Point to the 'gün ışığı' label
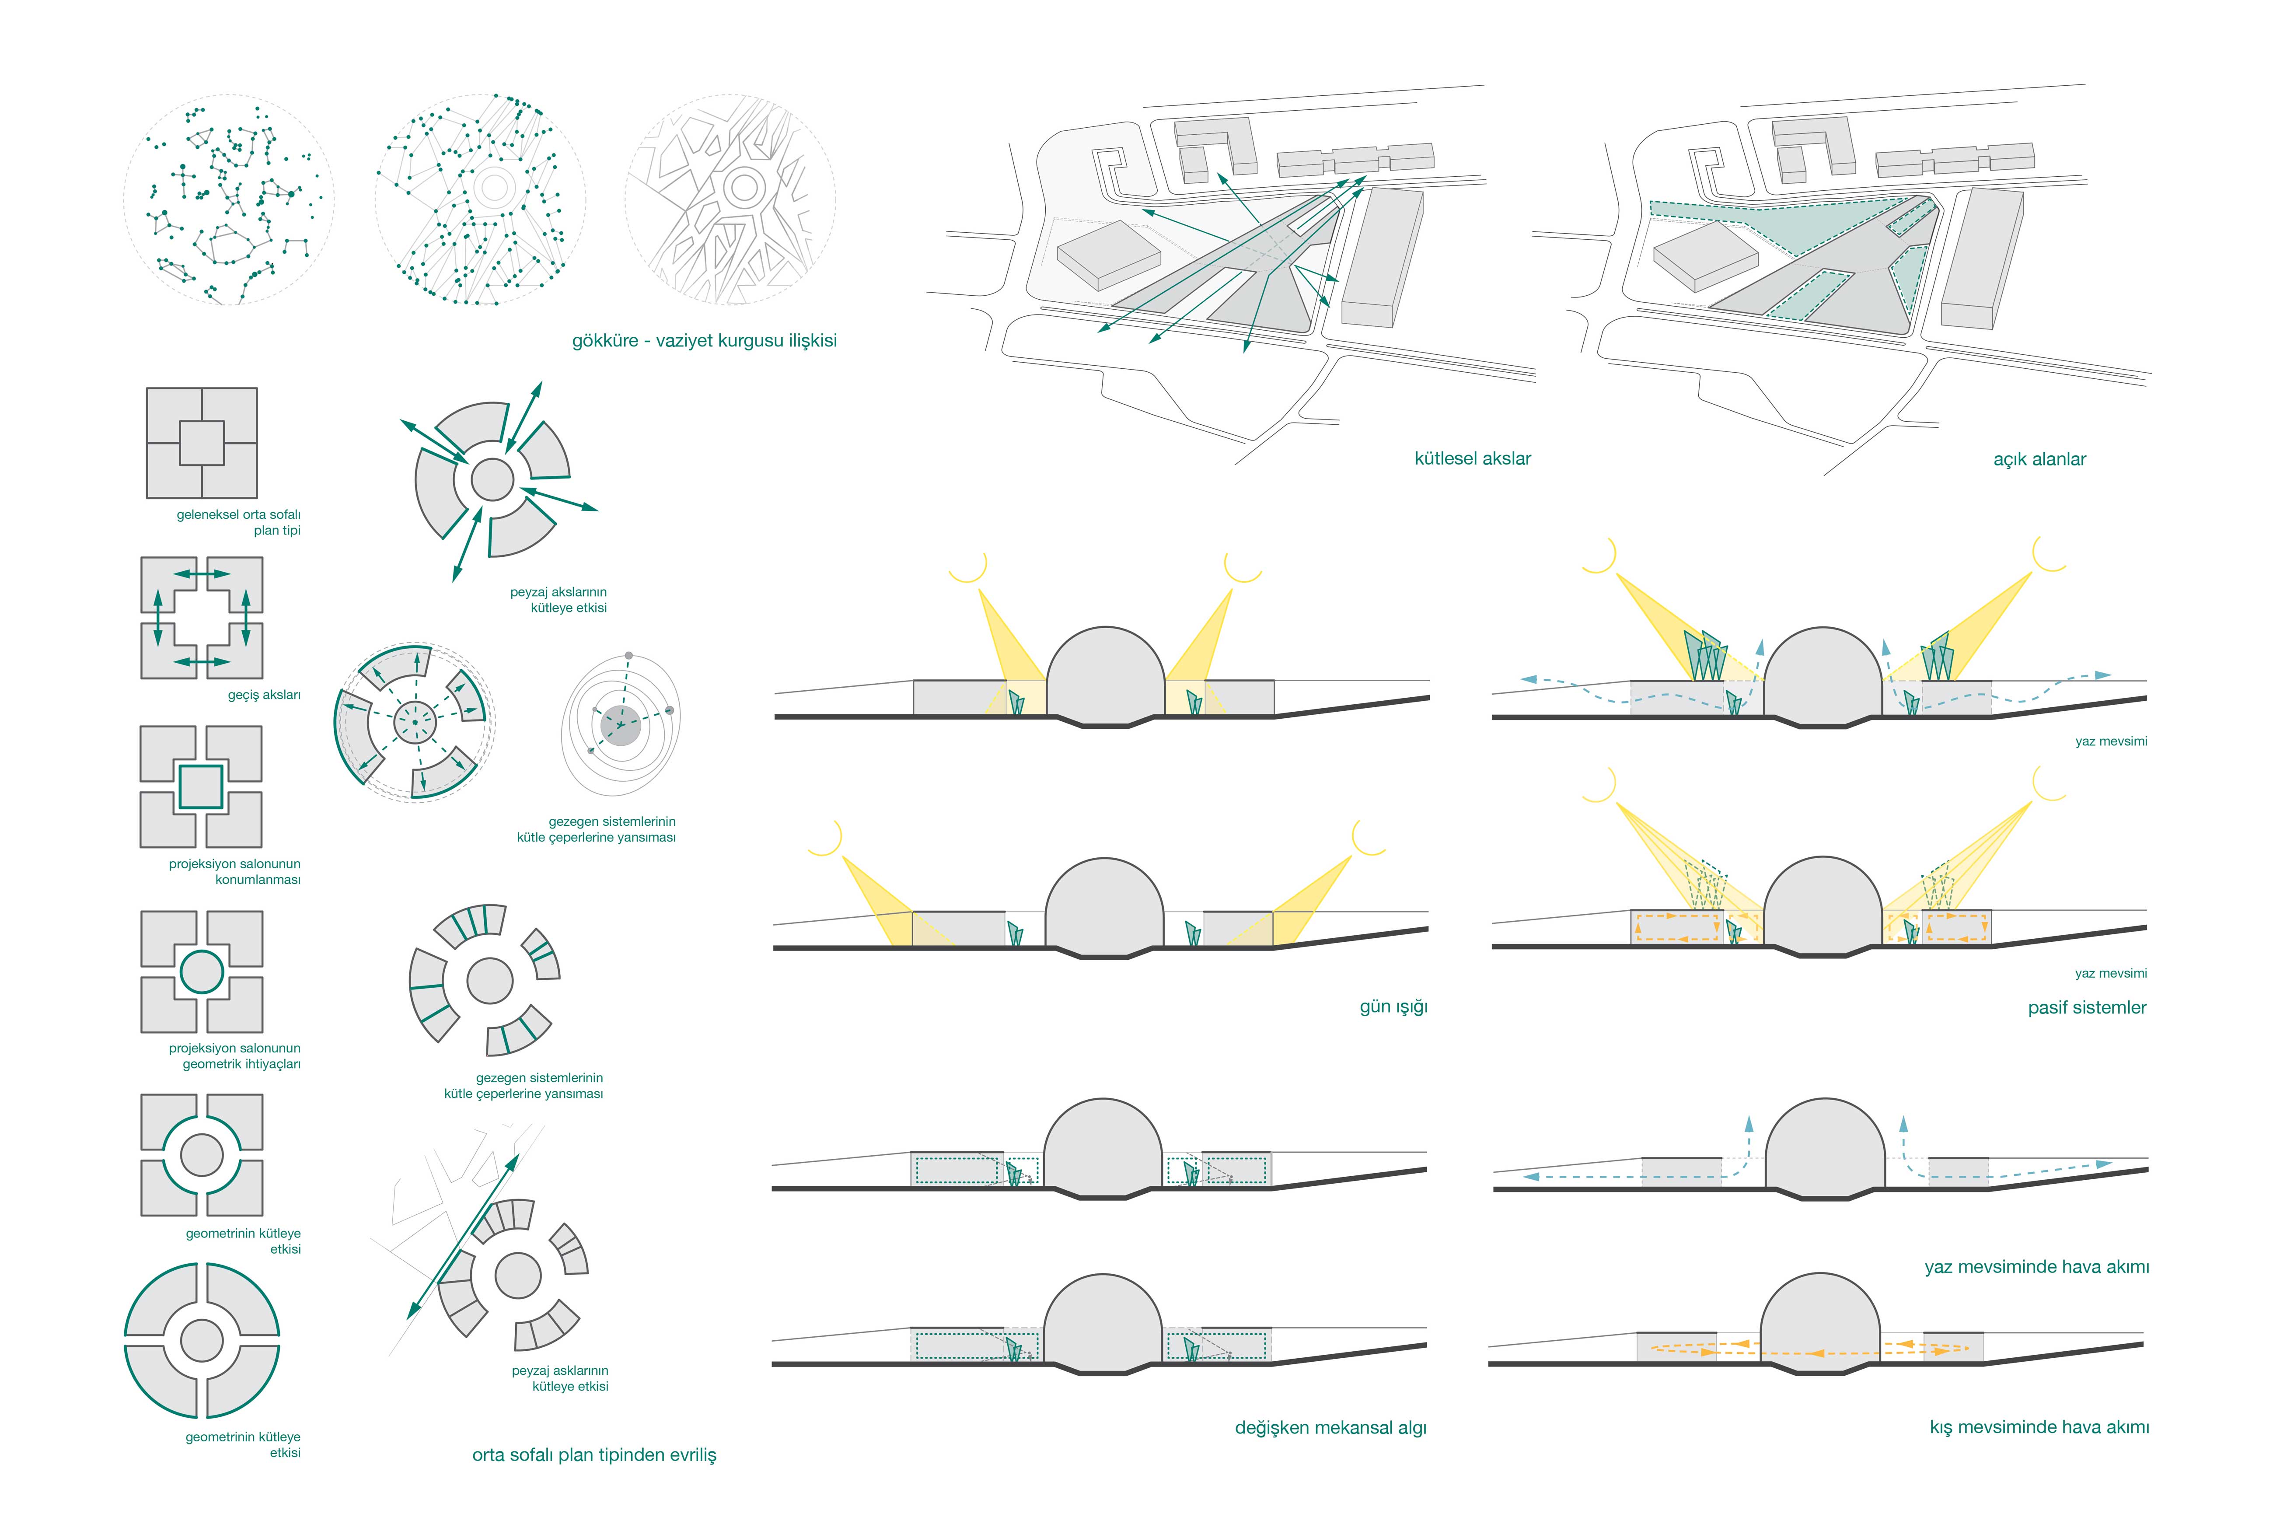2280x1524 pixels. click(1393, 1007)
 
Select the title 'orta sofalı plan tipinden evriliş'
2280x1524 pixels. click(594, 1455)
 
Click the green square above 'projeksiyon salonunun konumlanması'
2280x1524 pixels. click(201, 788)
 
